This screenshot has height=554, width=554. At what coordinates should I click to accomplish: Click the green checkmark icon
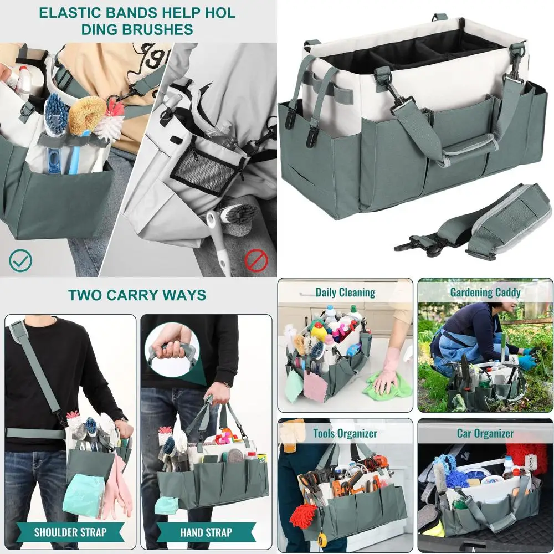pos(20,260)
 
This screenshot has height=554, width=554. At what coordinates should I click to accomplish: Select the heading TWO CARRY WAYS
pos(137,295)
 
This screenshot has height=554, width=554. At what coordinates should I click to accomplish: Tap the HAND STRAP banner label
pos(206,533)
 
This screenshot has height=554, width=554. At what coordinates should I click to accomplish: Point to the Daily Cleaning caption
pos(345,292)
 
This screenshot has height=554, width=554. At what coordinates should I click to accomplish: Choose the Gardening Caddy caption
pos(485,292)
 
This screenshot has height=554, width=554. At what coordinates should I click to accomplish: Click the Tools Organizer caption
pos(345,433)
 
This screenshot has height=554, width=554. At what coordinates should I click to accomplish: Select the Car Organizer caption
pos(485,433)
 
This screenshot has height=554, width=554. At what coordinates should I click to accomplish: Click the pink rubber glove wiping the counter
pos(388,368)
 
